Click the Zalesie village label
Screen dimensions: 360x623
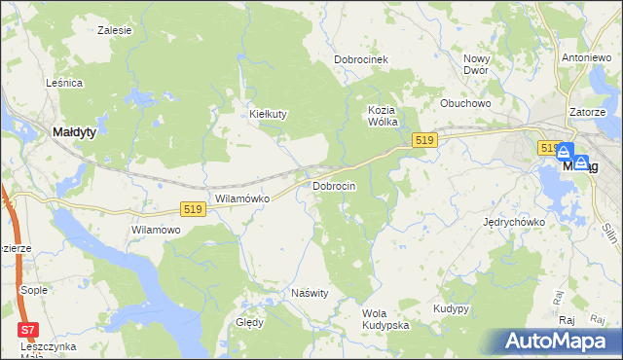(x=115, y=30)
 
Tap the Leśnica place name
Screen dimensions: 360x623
(x=64, y=84)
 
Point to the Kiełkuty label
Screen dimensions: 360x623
(x=268, y=114)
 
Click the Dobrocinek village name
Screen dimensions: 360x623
(x=361, y=59)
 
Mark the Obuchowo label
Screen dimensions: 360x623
(x=464, y=102)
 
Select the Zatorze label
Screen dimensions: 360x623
(x=588, y=112)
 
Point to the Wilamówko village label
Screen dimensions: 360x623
(x=240, y=198)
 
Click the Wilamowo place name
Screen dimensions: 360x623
(x=157, y=230)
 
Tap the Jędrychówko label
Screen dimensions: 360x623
(x=514, y=222)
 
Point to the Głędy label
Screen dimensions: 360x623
(x=249, y=323)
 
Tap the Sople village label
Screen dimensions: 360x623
(x=34, y=290)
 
